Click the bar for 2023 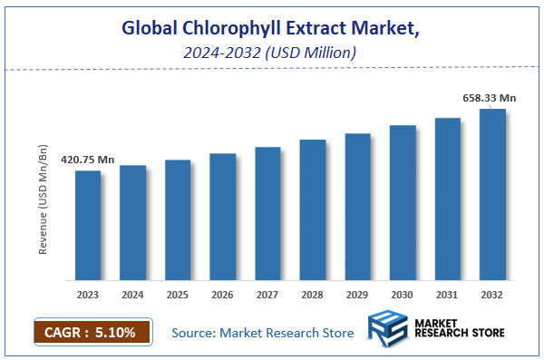88,225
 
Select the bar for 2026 223,217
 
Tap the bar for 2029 358,207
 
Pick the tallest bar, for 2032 492,194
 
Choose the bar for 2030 403,202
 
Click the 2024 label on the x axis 133,295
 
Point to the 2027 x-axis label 267,295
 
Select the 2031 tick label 448,295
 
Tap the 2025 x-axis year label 178,295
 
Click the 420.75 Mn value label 87,160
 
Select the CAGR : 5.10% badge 91,333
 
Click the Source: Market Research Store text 263,334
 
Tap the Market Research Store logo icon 389,332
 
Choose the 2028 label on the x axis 313,295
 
